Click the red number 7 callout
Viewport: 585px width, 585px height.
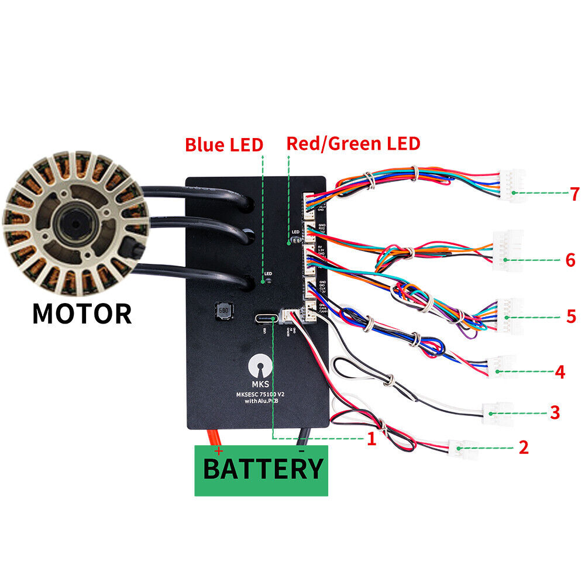pyautogui.click(x=575, y=194)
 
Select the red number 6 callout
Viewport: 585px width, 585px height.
pyautogui.click(x=570, y=260)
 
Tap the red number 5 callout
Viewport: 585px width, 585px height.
pyautogui.click(x=571, y=316)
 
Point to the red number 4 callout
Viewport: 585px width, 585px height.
pyautogui.click(x=560, y=371)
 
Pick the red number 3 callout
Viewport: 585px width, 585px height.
pyautogui.click(x=555, y=412)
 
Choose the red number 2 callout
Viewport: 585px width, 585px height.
pyautogui.click(x=524, y=448)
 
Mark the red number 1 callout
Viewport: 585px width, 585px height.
pyautogui.click(x=371, y=439)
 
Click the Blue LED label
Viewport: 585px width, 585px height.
pyautogui.click(x=224, y=144)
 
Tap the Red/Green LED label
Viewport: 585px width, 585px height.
pyautogui.click(x=353, y=143)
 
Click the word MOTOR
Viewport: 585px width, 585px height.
pyautogui.click(x=82, y=314)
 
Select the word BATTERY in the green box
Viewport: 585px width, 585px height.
pyautogui.click(x=263, y=469)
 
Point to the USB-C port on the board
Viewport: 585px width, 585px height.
pyautogui.click(x=266, y=319)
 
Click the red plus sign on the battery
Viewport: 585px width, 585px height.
pyautogui.click(x=218, y=451)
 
